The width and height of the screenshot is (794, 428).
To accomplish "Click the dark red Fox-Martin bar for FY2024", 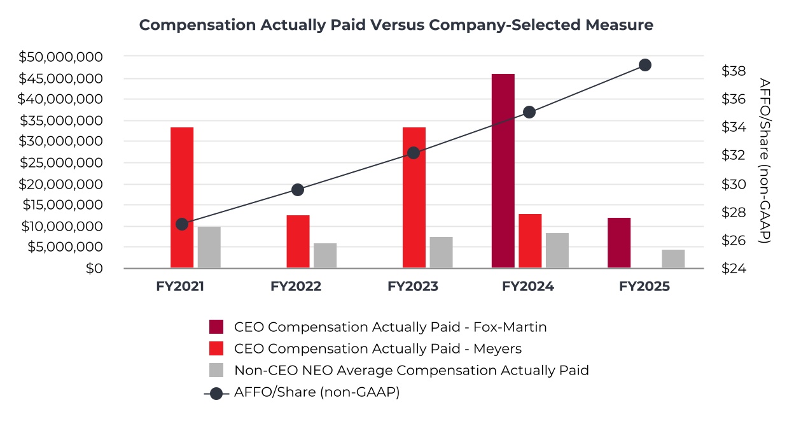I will pos(503,171).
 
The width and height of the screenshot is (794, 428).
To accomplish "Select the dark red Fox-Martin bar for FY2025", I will pos(619,243).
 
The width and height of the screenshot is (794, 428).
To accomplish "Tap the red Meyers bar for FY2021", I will pos(182,197).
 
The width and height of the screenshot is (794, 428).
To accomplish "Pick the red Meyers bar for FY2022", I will pos(298,241).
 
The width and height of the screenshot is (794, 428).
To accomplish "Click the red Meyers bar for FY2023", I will pos(414,197).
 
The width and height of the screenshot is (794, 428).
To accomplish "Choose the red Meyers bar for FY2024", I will pos(530,241).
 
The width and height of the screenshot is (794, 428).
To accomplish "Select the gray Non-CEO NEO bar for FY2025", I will pos(673,259).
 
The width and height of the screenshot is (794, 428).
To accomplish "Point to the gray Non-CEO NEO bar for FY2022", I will pos(325,255).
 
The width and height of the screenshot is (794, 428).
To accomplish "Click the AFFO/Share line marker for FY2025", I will pos(645,65).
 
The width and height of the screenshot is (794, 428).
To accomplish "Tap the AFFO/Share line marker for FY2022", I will pos(298,190).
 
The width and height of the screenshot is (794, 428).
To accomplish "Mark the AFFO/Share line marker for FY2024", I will pos(529,112).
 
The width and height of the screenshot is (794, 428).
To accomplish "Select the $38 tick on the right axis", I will pos(734,71).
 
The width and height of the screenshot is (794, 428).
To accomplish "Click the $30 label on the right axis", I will pos(734,184).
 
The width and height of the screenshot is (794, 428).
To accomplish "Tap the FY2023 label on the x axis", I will pos(413,287).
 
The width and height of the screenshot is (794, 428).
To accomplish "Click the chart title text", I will pos(396,25).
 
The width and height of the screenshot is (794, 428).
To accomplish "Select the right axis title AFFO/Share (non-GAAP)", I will pos(765,160).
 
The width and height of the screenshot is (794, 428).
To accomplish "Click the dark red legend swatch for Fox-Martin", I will pos(217,327).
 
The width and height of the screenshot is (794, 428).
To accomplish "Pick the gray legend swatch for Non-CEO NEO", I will pos(217,370).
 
